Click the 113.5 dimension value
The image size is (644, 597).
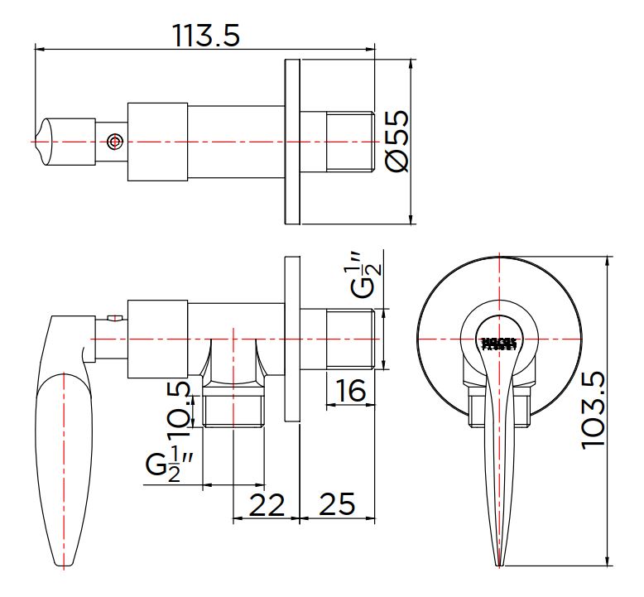tap(205, 35)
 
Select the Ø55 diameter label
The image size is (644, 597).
tap(398, 141)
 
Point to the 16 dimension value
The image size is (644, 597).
tap(352, 390)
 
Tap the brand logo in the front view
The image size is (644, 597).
tap(498, 342)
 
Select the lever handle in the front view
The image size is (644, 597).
tap(498, 464)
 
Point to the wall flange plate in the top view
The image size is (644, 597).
tap(292, 142)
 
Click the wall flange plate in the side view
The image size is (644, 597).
tap(291, 339)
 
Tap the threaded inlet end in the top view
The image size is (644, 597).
tap(350, 142)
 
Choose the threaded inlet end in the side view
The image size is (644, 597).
tap(351, 339)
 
